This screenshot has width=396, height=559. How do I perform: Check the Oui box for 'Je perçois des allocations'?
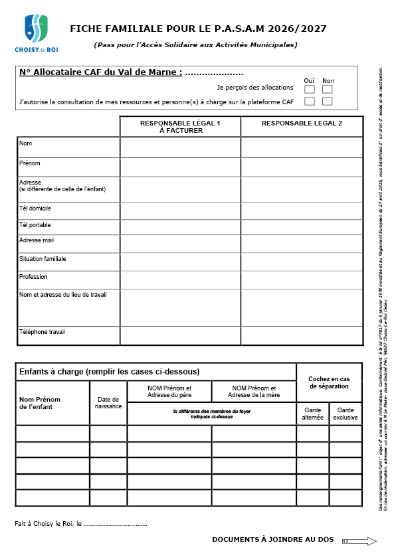point(310,89)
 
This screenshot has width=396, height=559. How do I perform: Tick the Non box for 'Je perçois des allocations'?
point(327,89)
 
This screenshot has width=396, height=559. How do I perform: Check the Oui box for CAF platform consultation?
point(310,102)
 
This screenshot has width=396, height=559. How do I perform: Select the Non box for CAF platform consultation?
point(327,102)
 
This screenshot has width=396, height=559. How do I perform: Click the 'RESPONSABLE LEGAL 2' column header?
point(302,124)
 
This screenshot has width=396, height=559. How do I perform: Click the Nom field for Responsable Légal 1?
point(180,147)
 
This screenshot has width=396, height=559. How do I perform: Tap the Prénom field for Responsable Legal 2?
point(302,167)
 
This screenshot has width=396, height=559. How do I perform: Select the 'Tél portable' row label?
point(35,225)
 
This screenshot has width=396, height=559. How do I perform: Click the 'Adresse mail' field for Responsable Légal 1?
point(180,244)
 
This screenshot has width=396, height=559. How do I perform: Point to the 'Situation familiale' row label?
point(43,259)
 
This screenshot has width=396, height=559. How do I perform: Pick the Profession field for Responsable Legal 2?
point(302,279)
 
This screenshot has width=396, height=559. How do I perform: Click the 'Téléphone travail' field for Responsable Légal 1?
point(180,335)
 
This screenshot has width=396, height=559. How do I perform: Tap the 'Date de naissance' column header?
point(108,402)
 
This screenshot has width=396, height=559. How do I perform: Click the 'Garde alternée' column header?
point(312,414)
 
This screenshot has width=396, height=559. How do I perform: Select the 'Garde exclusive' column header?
point(346,414)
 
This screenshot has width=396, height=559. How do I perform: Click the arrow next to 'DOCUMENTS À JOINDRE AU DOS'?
point(362,541)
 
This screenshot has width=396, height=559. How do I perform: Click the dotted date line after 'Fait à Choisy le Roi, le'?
point(116,524)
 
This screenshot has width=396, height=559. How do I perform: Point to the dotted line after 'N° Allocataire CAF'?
point(214,74)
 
